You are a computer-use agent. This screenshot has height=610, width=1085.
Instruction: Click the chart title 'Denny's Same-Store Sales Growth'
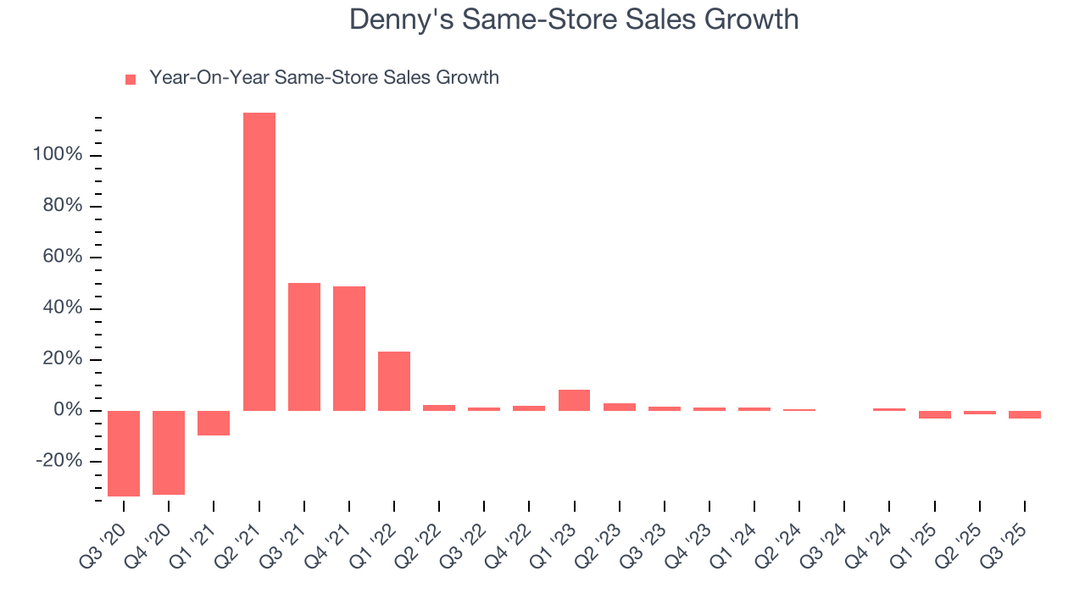[574, 19]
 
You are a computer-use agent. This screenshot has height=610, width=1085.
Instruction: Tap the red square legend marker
[131, 80]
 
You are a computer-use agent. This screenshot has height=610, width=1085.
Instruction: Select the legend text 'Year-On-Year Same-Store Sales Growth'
[324, 78]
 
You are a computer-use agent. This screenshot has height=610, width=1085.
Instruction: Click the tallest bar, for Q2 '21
[259, 262]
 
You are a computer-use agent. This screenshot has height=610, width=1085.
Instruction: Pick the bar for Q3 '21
[304, 347]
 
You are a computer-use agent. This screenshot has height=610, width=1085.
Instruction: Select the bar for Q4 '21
[349, 348]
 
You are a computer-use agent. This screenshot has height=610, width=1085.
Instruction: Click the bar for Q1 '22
[394, 381]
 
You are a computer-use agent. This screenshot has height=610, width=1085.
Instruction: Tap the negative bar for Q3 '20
[124, 453]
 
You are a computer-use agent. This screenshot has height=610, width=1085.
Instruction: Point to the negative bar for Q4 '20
[169, 452]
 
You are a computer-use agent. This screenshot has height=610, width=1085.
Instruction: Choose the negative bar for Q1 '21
[214, 423]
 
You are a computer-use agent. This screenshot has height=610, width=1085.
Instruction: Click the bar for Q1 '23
[574, 400]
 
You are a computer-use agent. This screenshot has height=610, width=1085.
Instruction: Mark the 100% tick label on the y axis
[58, 155]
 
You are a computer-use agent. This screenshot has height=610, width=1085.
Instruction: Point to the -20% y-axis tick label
[59, 462]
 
